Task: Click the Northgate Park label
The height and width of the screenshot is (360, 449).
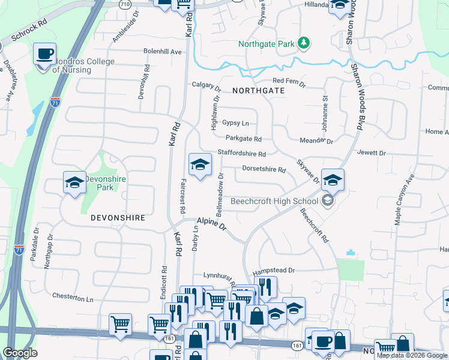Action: tap(267, 44)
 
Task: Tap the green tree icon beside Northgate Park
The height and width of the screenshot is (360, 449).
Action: tap(304, 42)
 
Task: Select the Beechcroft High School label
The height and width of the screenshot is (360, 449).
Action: tap(274, 201)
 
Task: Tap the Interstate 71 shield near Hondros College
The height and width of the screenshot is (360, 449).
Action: tap(55, 101)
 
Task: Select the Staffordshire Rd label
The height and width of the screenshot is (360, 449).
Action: tap(241, 153)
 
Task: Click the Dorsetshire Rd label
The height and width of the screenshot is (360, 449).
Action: tap(264, 169)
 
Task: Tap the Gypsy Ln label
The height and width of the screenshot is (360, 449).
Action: tap(235, 123)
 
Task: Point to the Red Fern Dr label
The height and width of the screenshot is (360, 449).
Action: tap(289, 80)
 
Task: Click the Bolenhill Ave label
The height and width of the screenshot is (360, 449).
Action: tap(162, 52)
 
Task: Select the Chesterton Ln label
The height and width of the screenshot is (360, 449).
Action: tap(73, 297)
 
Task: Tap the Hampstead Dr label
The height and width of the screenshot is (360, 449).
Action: tap(274, 271)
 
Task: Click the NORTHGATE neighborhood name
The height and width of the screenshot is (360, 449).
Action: tap(258, 90)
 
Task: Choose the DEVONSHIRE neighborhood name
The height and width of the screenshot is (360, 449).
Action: tap(118, 218)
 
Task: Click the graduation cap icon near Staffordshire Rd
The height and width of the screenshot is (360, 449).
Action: tap(200, 164)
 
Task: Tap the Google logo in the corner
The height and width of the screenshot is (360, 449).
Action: tap(20, 353)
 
